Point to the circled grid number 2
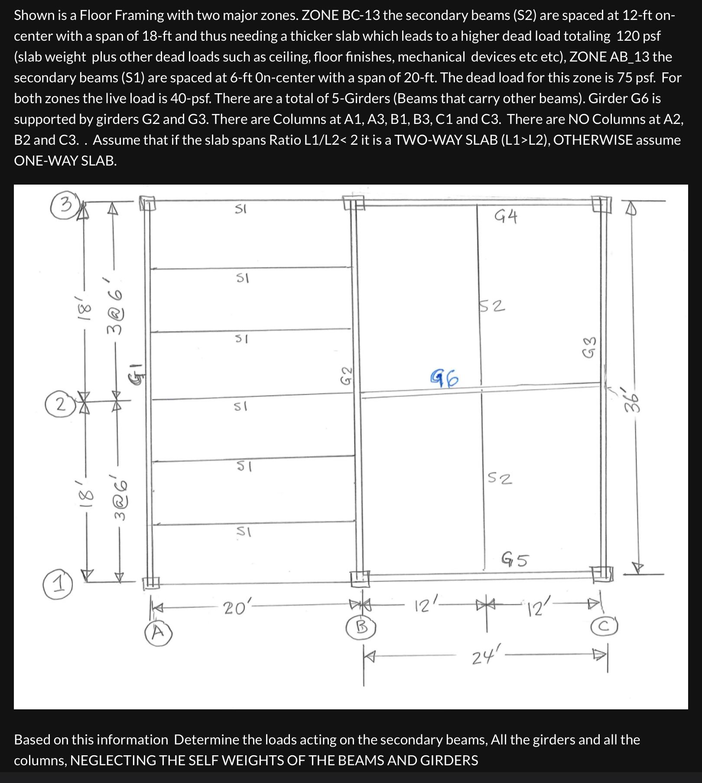pyautogui.click(x=62, y=405)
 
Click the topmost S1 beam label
pyautogui.click(x=240, y=209)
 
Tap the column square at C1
pyautogui.click(x=601, y=574)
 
